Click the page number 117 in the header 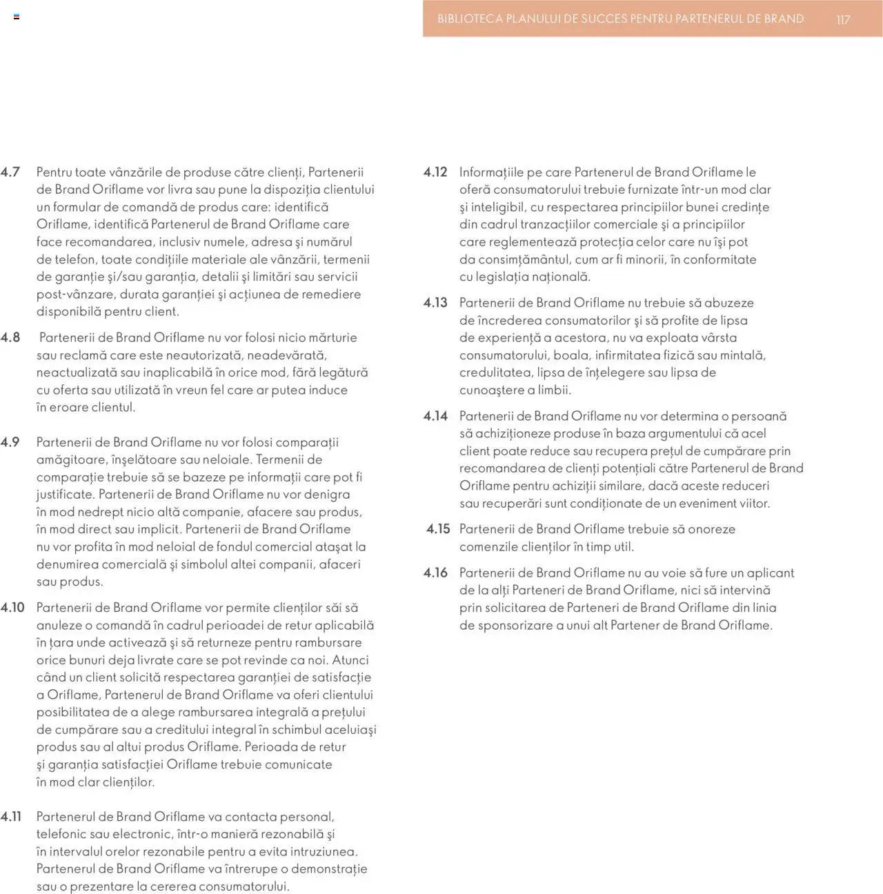point(843,19)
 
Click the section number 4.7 point(10,172)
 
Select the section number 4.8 point(10,337)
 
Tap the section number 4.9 point(10,442)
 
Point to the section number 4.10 point(12,608)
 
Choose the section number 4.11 point(11,817)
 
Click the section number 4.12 point(435,172)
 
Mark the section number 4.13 point(435,303)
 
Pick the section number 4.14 point(435,416)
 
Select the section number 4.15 point(437,529)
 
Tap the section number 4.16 point(435,573)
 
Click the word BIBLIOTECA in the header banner point(470,19)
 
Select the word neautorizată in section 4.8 point(205,355)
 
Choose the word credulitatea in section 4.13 point(495,372)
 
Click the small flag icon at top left point(17,17)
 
